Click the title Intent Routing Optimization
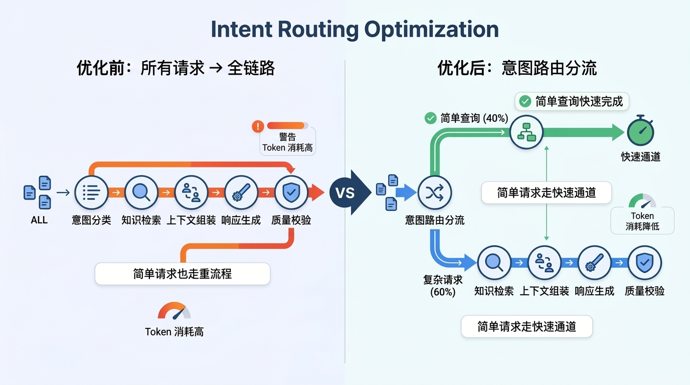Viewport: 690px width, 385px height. pyautogui.click(x=355, y=30)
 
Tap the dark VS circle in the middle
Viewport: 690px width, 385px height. pyautogui.click(x=344, y=192)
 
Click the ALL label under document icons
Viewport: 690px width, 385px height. pyautogui.click(x=39, y=220)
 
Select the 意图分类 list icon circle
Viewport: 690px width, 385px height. pyautogui.click(x=91, y=192)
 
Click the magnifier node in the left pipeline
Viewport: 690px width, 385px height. pyautogui.click(x=141, y=192)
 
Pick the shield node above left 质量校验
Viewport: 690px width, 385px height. pyautogui.click(x=291, y=192)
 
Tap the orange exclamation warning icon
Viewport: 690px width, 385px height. pyautogui.click(x=258, y=126)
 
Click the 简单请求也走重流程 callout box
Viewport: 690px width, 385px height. pyautogui.click(x=183, y=274)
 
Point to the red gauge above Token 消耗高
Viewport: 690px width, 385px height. pyautogui.click(x=174, y=311)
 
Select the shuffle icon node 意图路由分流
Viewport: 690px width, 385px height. pyautogui.click(x=434, y=192)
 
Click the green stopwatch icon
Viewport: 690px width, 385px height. pyautogui.click(x=640, y=132)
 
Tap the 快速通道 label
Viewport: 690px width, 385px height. pyautogui.click(x=640, y=157)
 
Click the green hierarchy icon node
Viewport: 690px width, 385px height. pyautogui.click(x=527, y=132)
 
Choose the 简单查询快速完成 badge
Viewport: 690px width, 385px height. pyautogui.click(x=572, y=102)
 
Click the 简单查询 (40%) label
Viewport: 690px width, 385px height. pyautogui.click(x=467, y=118)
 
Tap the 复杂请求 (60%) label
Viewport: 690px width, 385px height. pyautogui.click(x=443, y=286)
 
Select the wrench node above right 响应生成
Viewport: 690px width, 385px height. pyautogui.click(x=594, y=262)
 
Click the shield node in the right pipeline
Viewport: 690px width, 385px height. pyautogui.click(x=644, y=262)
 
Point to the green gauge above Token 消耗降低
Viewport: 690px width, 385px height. pyautogui.click(x=642, y=202)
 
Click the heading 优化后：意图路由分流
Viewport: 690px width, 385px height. pyautogui.click(x=516, y=68)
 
